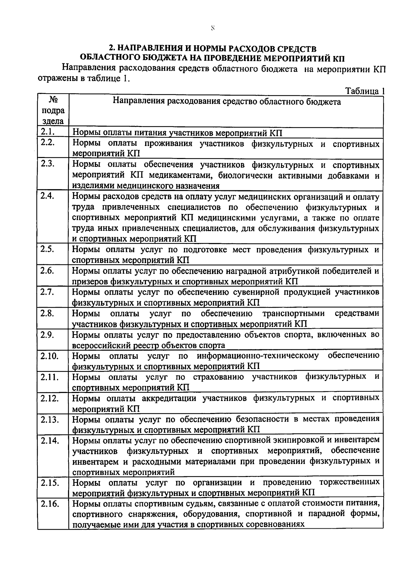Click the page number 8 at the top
click(x=212, y=29)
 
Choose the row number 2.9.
click(x=48, y=335)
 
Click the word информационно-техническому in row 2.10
click(x=258, y=356)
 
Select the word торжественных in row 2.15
click(x=349, y=482)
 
